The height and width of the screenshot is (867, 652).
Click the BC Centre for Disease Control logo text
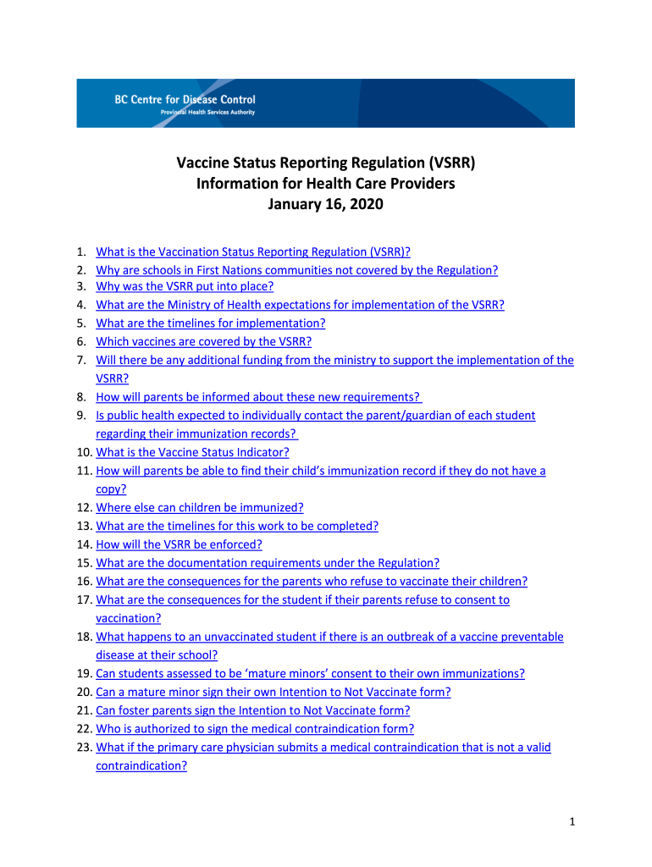tap(185, 99)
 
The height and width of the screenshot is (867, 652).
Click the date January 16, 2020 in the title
tap(325, 204)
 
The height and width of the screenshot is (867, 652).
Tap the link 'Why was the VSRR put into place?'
tap(185, 286)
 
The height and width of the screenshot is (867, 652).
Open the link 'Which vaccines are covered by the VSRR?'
tap(203, 342)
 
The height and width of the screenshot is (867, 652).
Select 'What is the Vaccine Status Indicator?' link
tap(192, 452)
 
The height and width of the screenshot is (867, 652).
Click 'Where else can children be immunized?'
tap(199, 508)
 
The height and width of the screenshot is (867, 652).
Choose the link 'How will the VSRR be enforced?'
tap(179, 545)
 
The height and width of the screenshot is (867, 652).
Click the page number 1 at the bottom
tap(572, 821)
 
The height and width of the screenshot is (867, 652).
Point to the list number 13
tap(82, 527)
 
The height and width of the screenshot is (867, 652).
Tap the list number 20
tap(82, 693)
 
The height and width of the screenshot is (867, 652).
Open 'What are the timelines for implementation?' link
tap(210, 323)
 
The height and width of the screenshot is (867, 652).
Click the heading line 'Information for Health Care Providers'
tap(325, 183)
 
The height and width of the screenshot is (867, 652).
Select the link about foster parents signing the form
tap(252, 711)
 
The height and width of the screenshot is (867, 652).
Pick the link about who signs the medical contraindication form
tap(255, 729)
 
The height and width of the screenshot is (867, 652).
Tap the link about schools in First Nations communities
tap(296, 270)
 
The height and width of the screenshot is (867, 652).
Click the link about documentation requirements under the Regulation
tap(268, 563)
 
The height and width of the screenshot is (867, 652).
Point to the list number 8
tap(80, 397)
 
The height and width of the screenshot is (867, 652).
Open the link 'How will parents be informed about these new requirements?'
tap(258, 397)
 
